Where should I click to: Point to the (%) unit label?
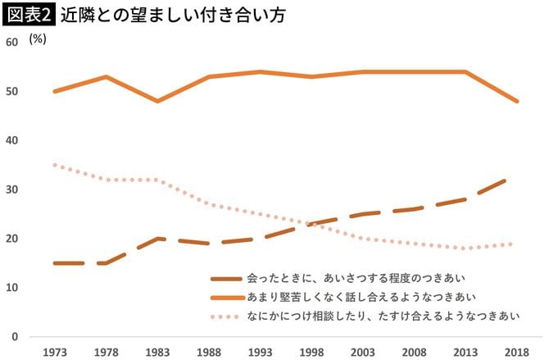pos(38,39)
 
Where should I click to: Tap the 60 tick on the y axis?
pos(11,42)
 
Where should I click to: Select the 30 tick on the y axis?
pos(11,189)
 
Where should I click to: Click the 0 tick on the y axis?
pos(15,337)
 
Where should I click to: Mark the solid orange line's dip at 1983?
pos(157,101)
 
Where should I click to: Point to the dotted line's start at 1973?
pos(54,165)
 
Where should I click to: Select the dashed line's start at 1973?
pos(54,263)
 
